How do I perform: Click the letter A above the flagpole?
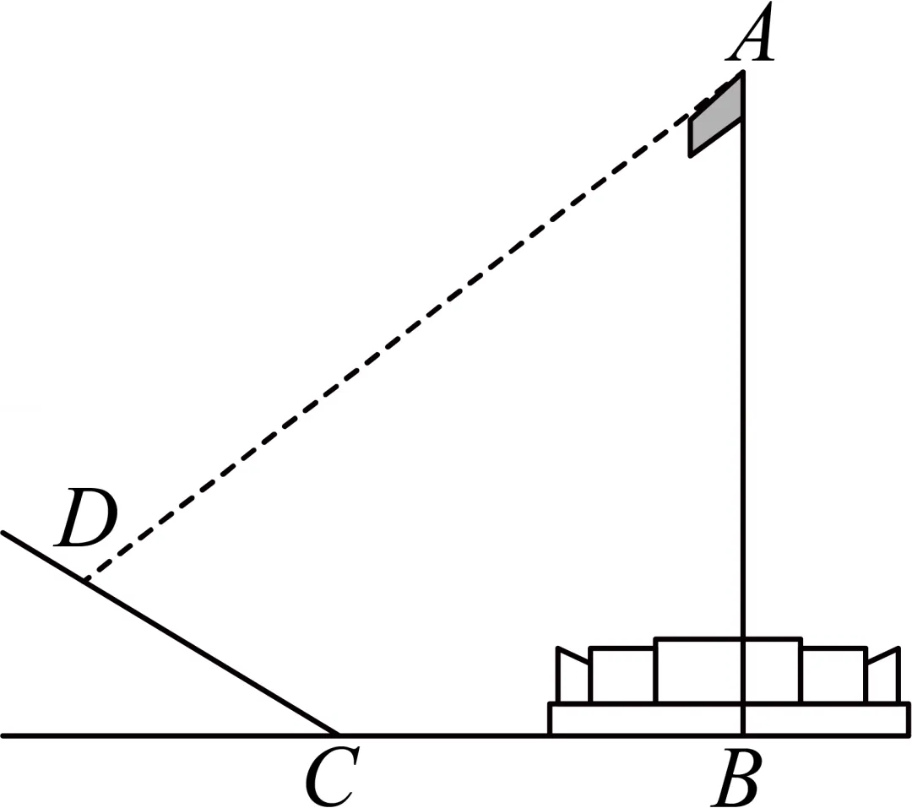(x=751, y=32)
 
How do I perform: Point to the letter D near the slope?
(x=85, y=518)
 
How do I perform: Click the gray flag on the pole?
(x=716, y=117)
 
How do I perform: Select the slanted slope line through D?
(x=171, y=633)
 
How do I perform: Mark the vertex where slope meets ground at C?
(x=339, y=735)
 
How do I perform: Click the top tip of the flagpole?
(x=743, y=72)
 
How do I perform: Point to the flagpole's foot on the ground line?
(x=743, y=735)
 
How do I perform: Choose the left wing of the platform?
(x=573, y=675)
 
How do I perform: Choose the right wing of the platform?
(x=883, y=675)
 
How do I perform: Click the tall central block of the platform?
(x=728, y=670)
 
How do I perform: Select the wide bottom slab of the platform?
(x=729, y=719)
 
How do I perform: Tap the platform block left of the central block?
(x=622, y=675)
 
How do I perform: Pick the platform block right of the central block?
(x=834, y=675)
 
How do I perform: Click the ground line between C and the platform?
(x=444, y=736)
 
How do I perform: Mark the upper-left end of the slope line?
(x=3, y=533)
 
